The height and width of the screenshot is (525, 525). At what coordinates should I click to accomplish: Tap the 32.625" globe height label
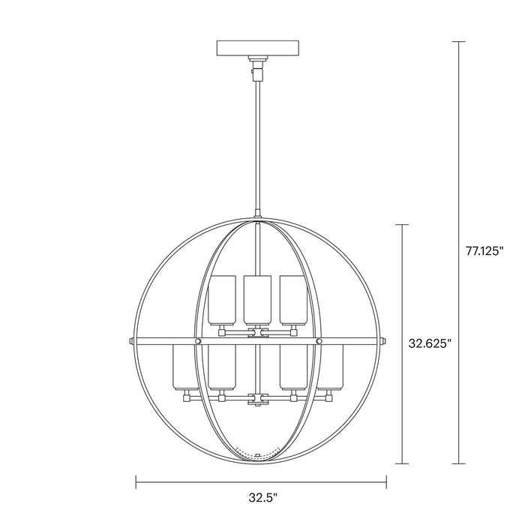[x=430, y=344]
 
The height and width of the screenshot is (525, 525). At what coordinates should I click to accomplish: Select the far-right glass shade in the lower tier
[x=331, y=367]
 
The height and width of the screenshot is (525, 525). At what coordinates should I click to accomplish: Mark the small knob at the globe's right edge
[x=385, y=342]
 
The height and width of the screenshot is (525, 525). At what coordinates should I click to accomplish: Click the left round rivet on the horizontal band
[x=198, y=342]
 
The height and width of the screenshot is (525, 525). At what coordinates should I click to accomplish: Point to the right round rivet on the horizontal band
[x=319, y=342]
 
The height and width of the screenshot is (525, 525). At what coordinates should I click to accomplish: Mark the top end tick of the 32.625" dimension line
[x=406, y=224]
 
